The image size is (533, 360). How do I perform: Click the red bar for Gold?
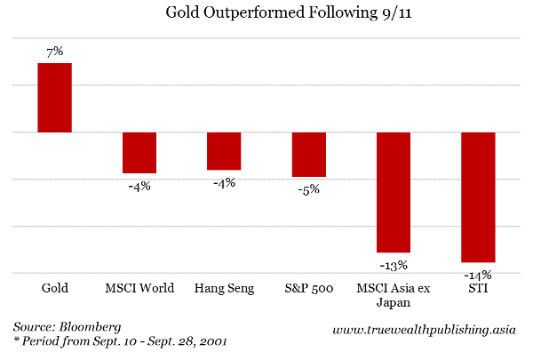(x=54, y=98)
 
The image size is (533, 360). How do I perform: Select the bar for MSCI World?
(x=139, y=153)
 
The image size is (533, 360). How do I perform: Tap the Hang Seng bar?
(x=224, y=151)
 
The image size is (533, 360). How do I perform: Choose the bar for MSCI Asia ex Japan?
(x=394, y=192)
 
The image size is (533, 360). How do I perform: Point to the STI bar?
(x=478, y=197)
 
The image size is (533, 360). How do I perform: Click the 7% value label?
(x=54, y=52)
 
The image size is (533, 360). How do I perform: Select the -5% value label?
(x=308, y=188)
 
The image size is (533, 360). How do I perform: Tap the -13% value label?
(x=394, y=264)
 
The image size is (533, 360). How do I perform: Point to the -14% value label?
(x=478, y=274)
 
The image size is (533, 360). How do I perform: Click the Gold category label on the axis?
(x=55, y=288)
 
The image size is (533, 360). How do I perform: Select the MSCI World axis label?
(x=139, y=288)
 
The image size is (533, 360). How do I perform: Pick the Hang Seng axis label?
(x=224, y=288)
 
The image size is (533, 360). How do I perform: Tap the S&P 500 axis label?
(x=308, y=288)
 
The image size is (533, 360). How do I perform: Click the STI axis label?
(x=478, y=288)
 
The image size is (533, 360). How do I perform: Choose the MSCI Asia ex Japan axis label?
(x=394, y=294)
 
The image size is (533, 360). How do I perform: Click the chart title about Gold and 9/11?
(x=266, y=14)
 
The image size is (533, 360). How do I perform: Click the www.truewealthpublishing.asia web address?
(x=426, y=331)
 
